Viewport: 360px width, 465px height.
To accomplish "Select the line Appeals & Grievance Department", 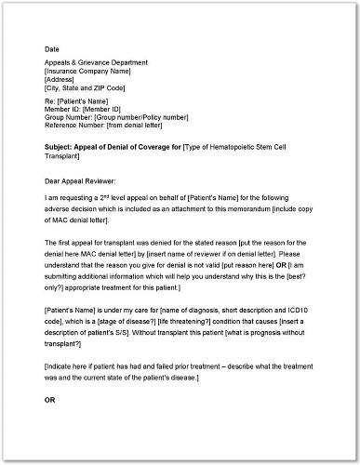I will [x=99, y=63].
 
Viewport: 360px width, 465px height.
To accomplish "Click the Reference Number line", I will [x=110, y=133].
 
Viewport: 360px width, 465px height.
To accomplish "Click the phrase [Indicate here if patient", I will [x=93, y=367].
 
